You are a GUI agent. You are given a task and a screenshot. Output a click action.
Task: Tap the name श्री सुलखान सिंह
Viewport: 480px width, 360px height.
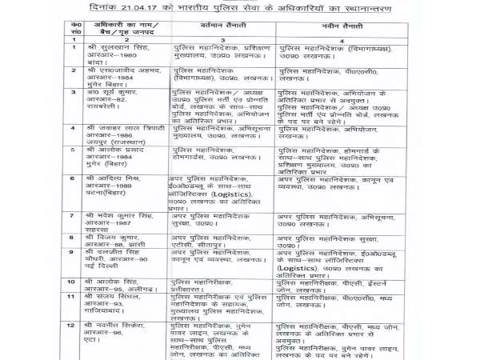coord(116,48)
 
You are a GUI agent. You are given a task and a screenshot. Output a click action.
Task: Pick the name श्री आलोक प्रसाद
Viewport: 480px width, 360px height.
coord(116,150)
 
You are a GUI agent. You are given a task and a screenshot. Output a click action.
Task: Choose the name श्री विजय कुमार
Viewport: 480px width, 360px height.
coord(113,238)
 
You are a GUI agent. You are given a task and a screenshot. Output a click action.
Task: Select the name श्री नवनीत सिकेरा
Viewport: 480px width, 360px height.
coord(117,325)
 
